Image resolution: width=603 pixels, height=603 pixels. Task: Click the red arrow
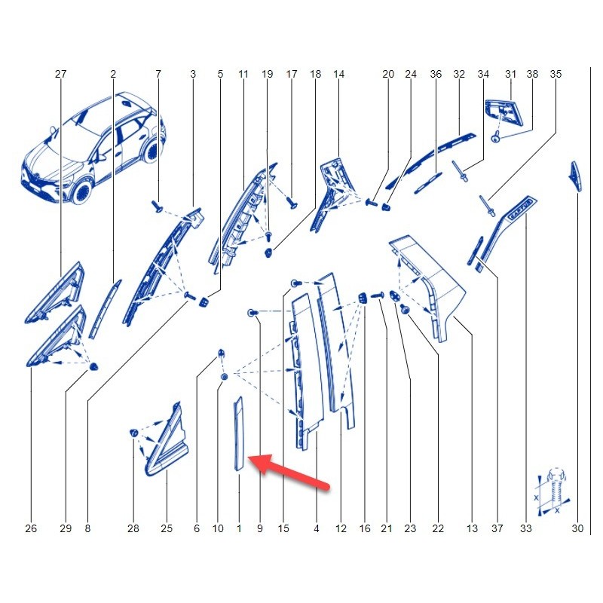point(289,472)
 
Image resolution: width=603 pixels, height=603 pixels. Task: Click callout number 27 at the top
point(61,74)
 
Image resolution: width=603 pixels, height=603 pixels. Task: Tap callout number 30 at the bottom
point(577,528)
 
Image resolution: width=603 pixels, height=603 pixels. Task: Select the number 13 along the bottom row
point(472,528)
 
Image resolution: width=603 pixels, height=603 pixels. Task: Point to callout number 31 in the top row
point(510,74)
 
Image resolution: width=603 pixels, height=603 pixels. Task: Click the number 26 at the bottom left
point(31,528)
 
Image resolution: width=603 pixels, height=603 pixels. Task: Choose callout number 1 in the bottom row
point(239,528)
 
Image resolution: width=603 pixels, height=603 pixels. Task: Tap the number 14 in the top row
point(338,74)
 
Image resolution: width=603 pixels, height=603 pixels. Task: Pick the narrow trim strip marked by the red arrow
point(238,433)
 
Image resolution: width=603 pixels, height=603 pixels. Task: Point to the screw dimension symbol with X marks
point(552,493)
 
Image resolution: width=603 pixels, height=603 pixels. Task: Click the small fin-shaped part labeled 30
point(576,176)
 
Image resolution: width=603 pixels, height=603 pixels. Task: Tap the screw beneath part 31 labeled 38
point(496,137)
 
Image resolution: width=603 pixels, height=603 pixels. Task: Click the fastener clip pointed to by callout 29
point(93,367)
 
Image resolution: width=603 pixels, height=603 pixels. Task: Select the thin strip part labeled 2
point(105,309)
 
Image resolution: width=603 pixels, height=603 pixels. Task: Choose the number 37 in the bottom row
point(497,528)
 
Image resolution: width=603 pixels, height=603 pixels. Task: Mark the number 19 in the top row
point(268,74)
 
